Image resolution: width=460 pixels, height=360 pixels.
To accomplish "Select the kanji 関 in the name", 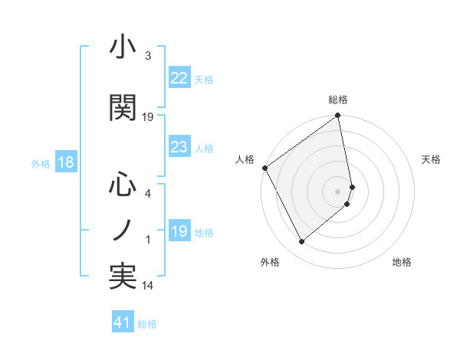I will point(123,107).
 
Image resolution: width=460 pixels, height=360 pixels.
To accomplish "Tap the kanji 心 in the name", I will point(123,184).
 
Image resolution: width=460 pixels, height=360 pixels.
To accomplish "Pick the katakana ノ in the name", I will point(123,230).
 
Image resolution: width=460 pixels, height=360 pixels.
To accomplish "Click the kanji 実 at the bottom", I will point(123,277).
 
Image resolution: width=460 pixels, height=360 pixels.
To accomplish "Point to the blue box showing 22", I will point(179,78).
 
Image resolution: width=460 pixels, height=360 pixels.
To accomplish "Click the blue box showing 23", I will point(179,148).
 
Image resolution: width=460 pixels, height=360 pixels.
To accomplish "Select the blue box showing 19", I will point(179,232).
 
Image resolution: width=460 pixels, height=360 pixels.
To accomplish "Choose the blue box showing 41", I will point(123,322).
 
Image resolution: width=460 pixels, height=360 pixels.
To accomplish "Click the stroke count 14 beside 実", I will point(149,286).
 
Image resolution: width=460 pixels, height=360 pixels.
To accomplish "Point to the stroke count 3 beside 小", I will point(147,56).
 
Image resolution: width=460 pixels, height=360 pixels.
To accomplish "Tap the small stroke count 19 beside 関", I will point(149,116).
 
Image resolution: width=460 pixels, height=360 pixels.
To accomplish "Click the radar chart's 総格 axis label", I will point(338,100).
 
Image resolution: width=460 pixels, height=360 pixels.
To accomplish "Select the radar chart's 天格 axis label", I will point(432,159).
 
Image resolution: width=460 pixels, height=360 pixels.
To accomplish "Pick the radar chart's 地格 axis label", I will point(402,262).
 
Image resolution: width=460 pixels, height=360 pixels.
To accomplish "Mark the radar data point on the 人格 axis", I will point(264,168).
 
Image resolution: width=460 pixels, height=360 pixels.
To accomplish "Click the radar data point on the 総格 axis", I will point(338,116).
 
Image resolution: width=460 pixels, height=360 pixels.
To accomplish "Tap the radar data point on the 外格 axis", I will point(301,242).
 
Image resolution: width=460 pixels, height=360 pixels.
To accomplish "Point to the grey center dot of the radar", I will point(338,191).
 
